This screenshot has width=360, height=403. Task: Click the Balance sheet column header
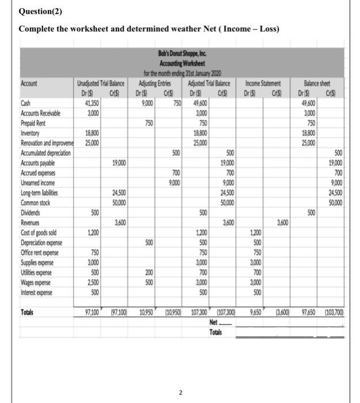[x=321, y=83]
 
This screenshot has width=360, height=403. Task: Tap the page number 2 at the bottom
[x=180, y=377]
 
